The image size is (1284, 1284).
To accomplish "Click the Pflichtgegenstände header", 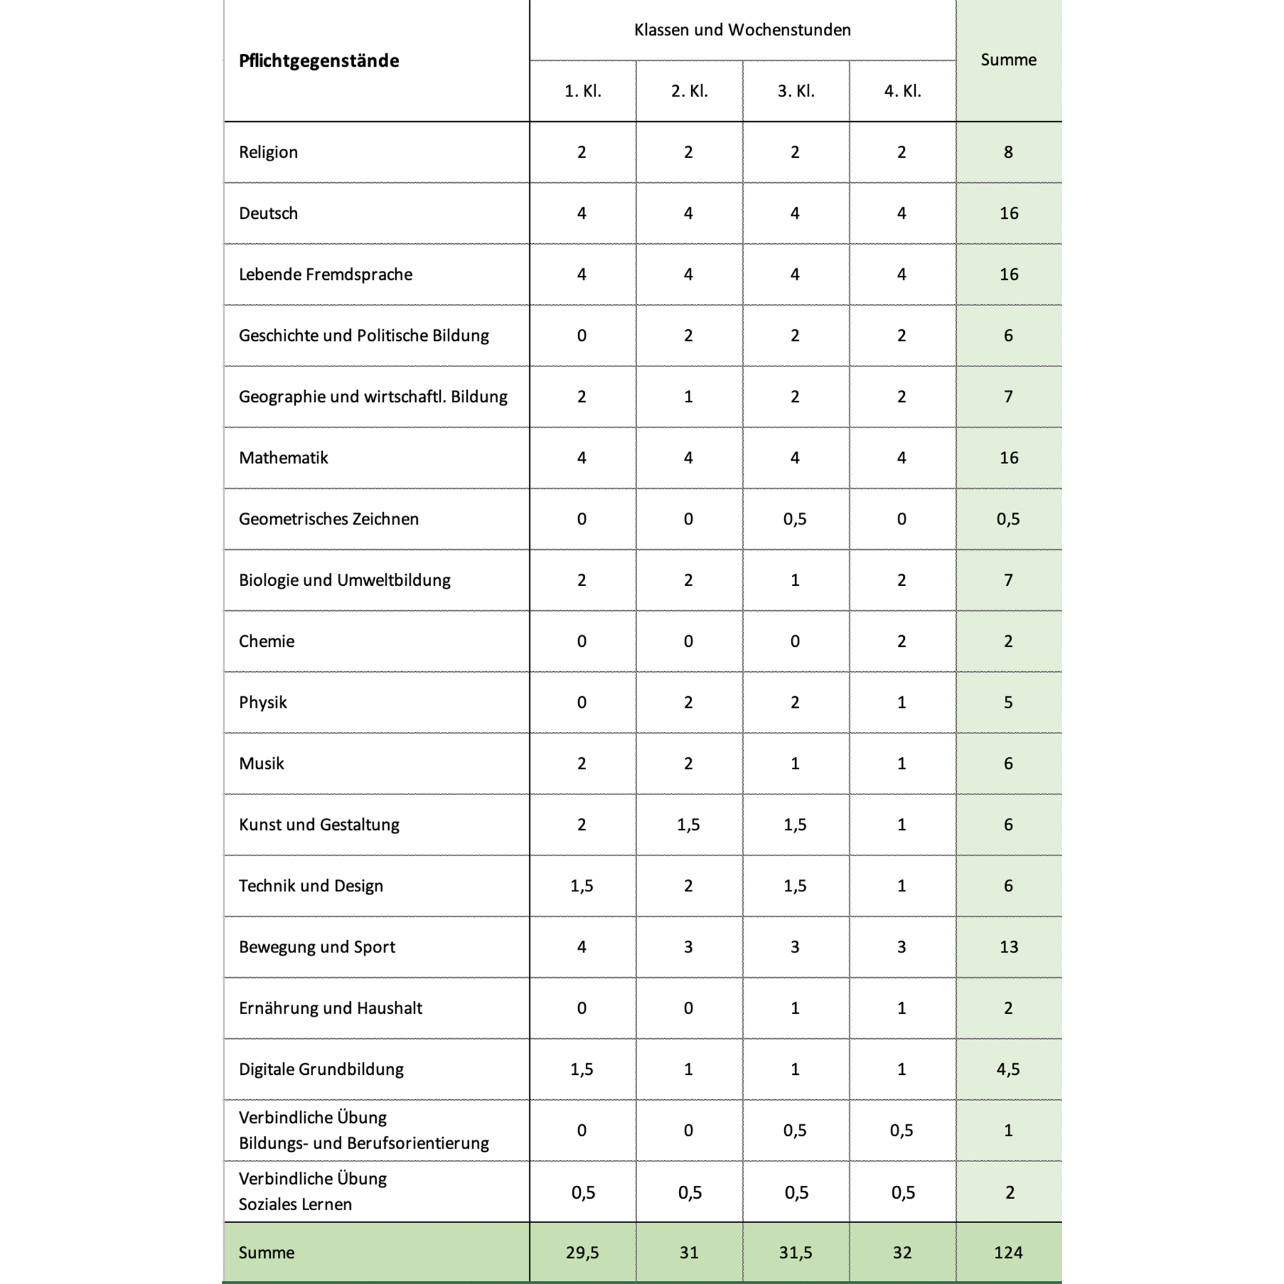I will (319, 60).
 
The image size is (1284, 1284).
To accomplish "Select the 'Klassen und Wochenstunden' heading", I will (742, 30).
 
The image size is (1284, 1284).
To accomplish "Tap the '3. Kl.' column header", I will (796, 91).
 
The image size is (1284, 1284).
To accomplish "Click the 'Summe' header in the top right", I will (1008, 60).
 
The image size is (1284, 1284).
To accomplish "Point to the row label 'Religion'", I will (268, 152).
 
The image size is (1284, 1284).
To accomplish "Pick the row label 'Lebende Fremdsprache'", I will (326, 275).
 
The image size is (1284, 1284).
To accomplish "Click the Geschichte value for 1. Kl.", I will (581, 336).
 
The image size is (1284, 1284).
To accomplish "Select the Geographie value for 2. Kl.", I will (689, 397).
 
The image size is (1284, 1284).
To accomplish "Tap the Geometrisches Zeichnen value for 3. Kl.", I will (795, 519).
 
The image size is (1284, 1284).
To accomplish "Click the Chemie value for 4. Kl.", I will (901, 641).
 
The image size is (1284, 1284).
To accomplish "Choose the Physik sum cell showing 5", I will (1008, 703).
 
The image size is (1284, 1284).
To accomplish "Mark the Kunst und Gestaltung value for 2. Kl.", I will (689, 825).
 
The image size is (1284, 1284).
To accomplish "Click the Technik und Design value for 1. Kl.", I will (581, 886).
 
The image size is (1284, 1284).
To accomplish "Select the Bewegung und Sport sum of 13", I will (1008, 947).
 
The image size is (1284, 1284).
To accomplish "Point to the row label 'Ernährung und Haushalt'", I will (330, 1008).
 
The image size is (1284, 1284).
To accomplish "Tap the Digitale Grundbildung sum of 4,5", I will (1008, 1069).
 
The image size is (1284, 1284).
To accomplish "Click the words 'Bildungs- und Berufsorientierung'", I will (364, 1143).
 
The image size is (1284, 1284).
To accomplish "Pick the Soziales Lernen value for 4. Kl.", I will (902, 1192).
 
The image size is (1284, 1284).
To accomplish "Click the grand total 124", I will (1008, 1253).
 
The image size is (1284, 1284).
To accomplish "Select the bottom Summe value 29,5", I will (582, 1253).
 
